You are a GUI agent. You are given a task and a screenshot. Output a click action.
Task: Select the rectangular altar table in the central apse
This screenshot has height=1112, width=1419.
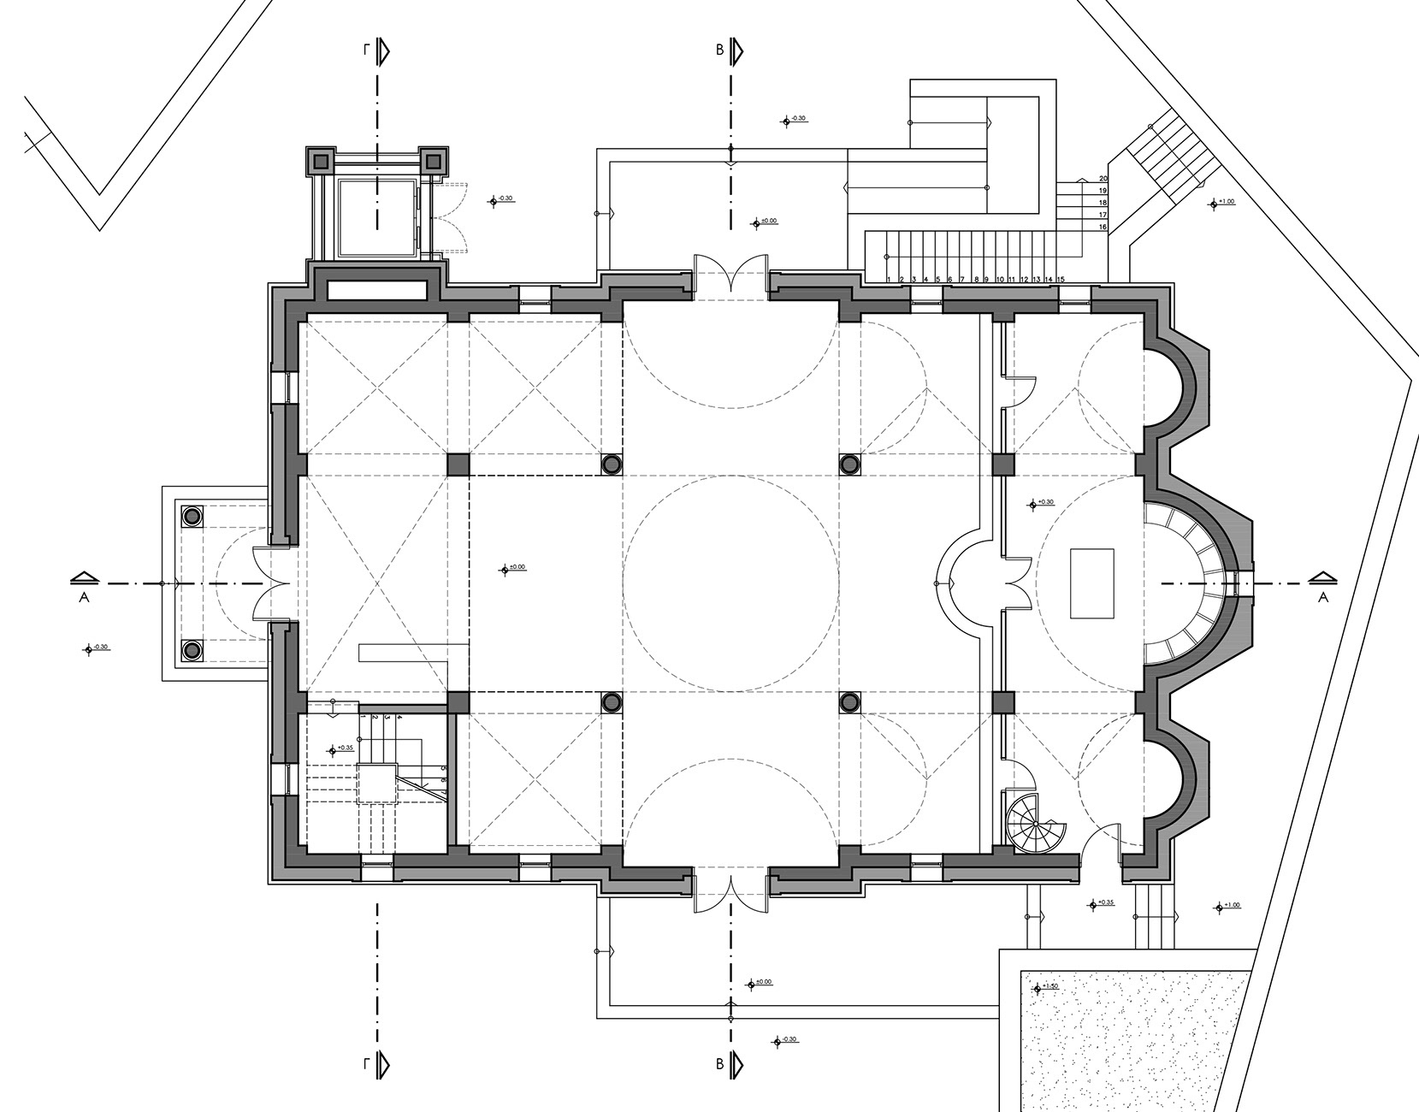pyautogui.click(x=1092, y=583)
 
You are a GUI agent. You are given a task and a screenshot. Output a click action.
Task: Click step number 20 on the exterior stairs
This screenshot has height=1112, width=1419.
pyautogui.click(x=1103, y=179)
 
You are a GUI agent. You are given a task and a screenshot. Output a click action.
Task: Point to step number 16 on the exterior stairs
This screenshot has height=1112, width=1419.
pyautogui.click(x=1103, y=228)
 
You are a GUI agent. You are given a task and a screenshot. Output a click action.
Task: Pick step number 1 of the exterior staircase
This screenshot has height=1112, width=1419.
pyautogui.click(x=890, y=280)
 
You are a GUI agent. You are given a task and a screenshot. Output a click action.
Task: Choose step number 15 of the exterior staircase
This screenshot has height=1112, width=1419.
pyautogui.click(x=1061, y=280)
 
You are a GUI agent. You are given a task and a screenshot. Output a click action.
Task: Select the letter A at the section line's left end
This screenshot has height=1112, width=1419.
pyautogui.click(x=84, y=597)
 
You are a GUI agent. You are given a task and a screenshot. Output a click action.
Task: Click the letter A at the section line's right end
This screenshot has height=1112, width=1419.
pyautogui.click(x=1322, y=597)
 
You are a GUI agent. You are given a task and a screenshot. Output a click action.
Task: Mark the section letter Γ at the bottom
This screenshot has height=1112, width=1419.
pyautogui.click(x=366, y=1065)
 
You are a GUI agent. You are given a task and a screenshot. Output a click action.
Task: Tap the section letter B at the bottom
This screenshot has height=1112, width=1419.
pyautogui.click(x=720, y=1065)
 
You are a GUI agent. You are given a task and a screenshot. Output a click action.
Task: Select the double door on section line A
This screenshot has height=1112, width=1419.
pyautogui.click(x=269, y=584)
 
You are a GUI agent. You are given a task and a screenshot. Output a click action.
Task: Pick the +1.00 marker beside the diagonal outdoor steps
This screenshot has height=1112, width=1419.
pyautogui.click(x=1219, y=203)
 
